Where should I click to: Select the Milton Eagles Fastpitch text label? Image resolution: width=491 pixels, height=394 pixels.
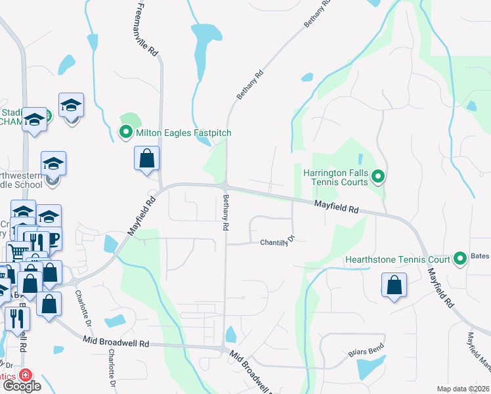click(x=184, y=133)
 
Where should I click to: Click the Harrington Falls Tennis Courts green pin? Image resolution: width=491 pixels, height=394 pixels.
click(x=377, y=177)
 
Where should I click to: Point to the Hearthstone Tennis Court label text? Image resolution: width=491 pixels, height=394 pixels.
click(x=398, y=259)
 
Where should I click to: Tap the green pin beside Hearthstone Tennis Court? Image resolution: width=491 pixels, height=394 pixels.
click(x=459, y=259)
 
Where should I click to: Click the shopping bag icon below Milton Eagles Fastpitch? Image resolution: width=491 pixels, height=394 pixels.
click(x=146, y=158)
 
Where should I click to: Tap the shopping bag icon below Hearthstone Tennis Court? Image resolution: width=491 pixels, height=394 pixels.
click(x=394, y=285)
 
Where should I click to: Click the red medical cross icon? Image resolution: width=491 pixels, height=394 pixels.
click(x=25, y=375)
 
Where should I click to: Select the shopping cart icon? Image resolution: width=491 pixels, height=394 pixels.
click(x=18, y=252)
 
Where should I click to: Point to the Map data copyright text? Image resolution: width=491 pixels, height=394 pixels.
click(x=463, y=389)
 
